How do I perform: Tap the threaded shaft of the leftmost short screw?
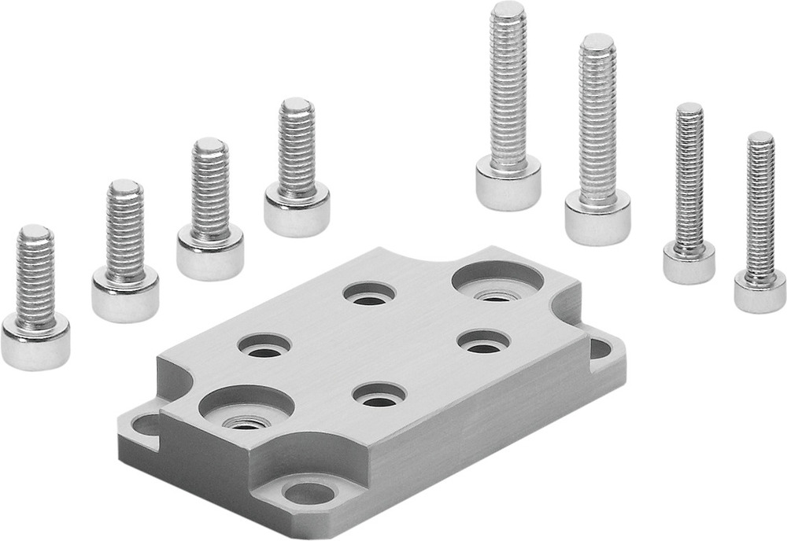click(x=35, y=271)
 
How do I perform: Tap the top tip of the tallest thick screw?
click(x=508, y=9)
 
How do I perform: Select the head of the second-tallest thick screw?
click(x=597, y=215)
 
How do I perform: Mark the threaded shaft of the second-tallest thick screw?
click(x=597, y=118)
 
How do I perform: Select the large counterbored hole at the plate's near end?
click(x=246, y=407)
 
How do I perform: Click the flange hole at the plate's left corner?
click(x=146, y=425)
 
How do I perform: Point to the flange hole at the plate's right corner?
click(x=600, y=348)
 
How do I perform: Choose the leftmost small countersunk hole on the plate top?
click(x=264, y=345)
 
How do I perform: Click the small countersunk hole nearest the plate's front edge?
click(x=380, y=395)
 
